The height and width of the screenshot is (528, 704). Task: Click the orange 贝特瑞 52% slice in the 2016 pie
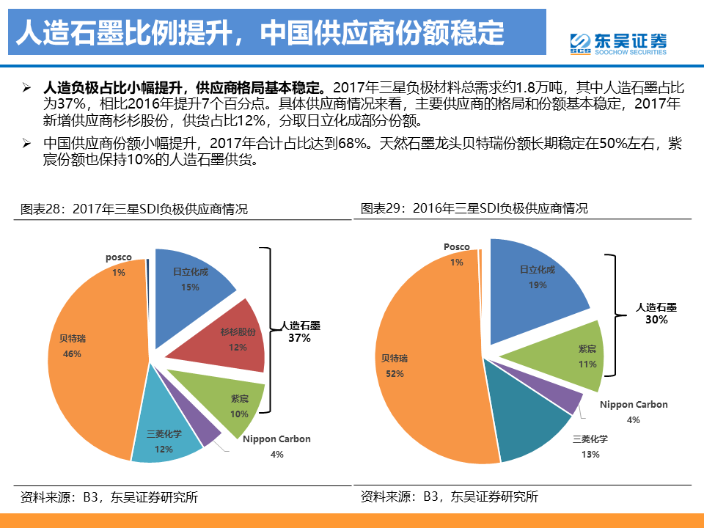tap(411, 367)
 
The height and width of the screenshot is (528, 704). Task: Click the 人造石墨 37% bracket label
tap(300, 332)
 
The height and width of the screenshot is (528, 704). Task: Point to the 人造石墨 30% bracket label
tap(656, 314)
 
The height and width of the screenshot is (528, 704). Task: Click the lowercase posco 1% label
tap(118, 265)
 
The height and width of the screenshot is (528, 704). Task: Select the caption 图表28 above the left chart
tap(134, 209)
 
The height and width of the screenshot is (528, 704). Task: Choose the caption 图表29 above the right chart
tap(474, 208)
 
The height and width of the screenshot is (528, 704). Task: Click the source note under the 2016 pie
tap(449, 497)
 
